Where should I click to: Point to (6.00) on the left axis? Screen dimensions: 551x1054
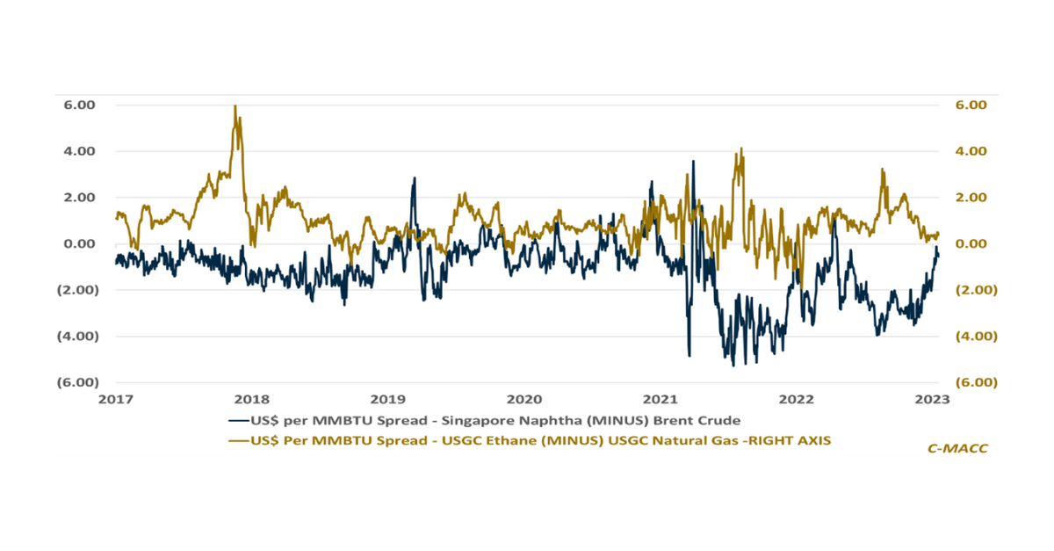(x=77, y=382)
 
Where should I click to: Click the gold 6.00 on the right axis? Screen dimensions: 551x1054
(x=971, y=105)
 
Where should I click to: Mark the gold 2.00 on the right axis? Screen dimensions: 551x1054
(x=971, y=198)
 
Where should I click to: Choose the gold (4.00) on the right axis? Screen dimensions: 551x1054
(x=972, y=336)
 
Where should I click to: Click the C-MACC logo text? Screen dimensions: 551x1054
(x=957, y=448)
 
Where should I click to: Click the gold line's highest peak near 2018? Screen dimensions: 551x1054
(x=235, y=107)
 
